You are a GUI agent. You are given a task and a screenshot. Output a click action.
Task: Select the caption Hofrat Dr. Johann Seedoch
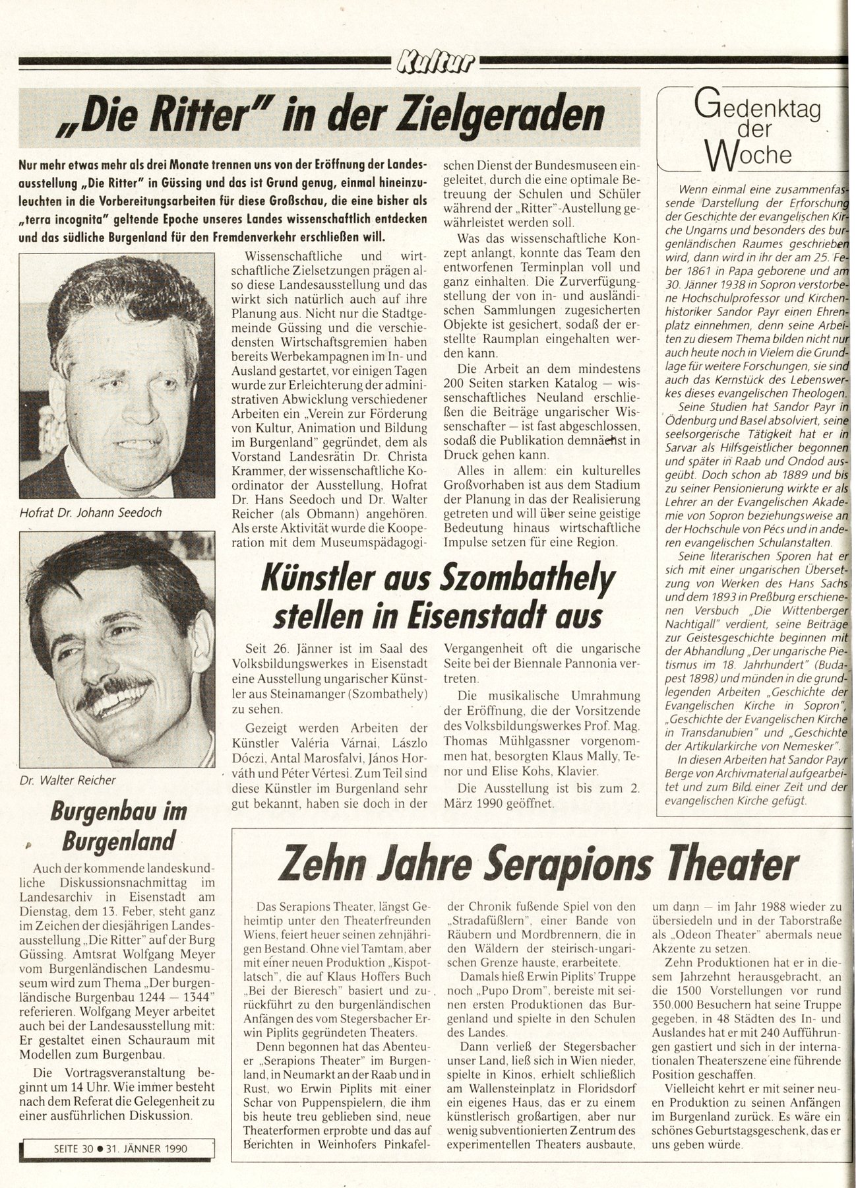[x=91, y=511]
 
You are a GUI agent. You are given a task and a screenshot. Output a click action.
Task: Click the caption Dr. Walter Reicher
[x=68, y=779]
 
